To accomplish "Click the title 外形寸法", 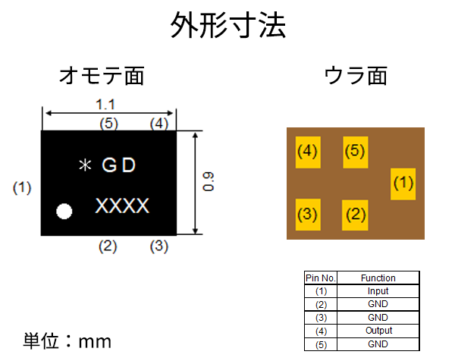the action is tap(228, 25).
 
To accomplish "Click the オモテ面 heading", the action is tap(102, 76).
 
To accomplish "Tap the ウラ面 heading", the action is tap(356, 76).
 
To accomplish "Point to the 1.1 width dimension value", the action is tap(105, 105).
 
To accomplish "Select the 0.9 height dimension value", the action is tap(208, 182).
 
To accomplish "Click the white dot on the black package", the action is tap(64, 211).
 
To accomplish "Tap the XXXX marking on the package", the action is tap(122, 206).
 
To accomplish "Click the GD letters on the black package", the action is tap(119, 165).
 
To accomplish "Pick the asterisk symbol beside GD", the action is tap(85, 165).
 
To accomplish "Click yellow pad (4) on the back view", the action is tap(308, 152).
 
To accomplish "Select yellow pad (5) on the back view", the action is tap(356, 152).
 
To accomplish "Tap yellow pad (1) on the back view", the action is tap(403, 184).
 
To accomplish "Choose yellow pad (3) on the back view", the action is tap(308, 215).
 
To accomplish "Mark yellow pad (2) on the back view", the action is tap(355, 215).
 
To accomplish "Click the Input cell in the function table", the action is tap(378, 291).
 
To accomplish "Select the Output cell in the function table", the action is tap(378, 331).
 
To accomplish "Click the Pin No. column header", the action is tap(321, 278).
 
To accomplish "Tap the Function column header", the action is tap(378, 278).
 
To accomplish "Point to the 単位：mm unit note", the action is tap(67, 341).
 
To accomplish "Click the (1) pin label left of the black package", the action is tap(22, 188).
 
